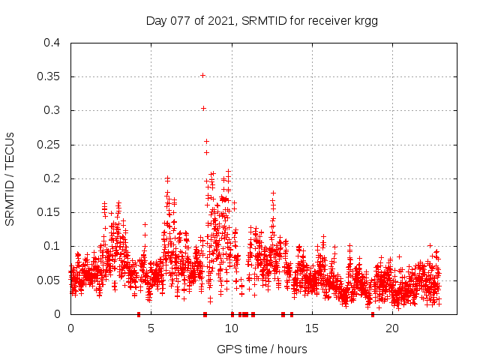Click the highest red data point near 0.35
(x=202, y=75)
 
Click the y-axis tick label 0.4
(x=51, y=43)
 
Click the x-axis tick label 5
(x=151, y=328)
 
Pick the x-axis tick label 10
(x=231, y=328)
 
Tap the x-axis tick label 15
(x=311, y=328)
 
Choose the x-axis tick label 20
(x=392, y=328)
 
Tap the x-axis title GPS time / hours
(x=262, y=349)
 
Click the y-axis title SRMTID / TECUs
(x=10, y=178)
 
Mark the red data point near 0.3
(x=203, y=108)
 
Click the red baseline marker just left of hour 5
(x=139, y=314)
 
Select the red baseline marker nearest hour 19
(x=372, y=314)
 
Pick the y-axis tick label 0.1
(x=51, y=246)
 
